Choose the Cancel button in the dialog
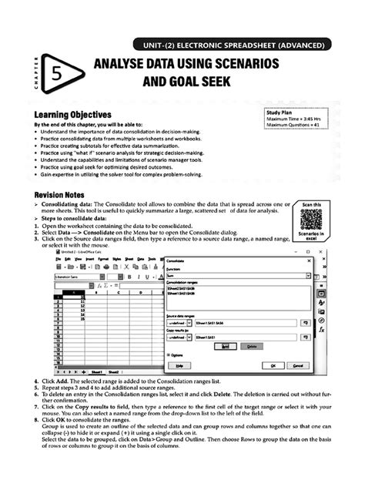[x=296, y=364]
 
